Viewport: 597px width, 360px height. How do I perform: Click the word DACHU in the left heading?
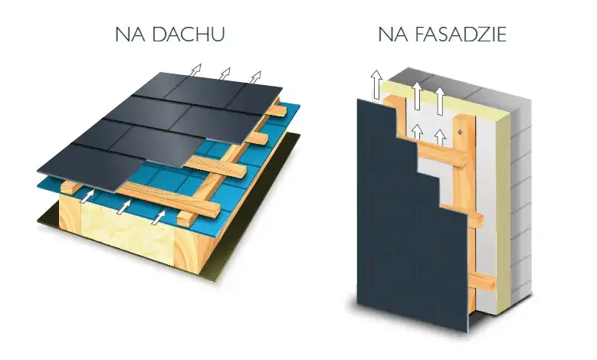click(188, 34)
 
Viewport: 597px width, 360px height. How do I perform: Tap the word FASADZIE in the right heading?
click(461, 34)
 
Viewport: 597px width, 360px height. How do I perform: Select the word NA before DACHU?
click(130, 34)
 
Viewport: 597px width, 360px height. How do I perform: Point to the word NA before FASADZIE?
click(393, 34)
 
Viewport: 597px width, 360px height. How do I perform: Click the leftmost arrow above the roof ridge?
click(195, 71)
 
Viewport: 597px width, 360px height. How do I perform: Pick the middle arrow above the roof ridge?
click(225, 74)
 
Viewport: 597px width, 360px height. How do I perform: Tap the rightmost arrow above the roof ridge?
click(255, 77)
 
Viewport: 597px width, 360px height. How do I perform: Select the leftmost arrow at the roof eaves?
click(87, 196)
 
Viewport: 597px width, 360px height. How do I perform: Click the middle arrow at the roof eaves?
click(123, 207)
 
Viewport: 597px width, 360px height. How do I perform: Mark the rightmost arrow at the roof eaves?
click(159, 218)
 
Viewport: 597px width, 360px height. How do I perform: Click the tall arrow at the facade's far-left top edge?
click(376, 84)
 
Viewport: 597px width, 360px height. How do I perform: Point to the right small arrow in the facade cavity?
click(440, 137)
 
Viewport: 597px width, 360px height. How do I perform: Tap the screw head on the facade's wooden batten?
click(461, 132)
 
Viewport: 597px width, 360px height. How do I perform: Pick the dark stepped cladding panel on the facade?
click(404, 228)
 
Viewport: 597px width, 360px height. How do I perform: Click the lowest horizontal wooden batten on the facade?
click(481, 282)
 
